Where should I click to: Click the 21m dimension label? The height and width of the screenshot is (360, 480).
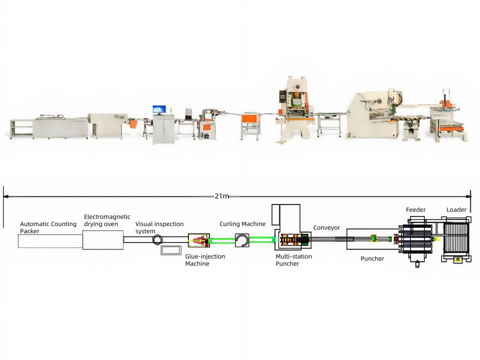221,196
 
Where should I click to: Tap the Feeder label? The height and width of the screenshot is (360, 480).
415,209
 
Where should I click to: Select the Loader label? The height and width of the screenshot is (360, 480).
456,209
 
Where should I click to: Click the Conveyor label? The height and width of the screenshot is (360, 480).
326,228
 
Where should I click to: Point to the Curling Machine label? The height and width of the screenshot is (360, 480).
242,224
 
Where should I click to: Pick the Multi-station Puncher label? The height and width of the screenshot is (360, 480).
293,260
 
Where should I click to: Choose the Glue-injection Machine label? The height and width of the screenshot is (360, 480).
205,260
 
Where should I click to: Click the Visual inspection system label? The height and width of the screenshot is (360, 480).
159,227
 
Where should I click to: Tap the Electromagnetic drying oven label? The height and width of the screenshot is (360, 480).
107,220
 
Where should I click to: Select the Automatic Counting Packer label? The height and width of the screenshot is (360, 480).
48,227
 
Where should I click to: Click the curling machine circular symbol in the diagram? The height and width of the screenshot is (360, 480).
242,240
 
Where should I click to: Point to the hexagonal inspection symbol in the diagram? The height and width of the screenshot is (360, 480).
157,239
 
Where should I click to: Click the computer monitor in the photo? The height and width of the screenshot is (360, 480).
159,109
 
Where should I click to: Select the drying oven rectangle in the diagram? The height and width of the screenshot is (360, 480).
103,240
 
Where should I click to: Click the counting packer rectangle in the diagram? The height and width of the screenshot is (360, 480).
50,241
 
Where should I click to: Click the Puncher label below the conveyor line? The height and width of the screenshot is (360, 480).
372,258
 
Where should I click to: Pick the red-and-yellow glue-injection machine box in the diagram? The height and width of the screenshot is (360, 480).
199,240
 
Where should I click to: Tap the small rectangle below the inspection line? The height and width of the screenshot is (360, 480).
171,250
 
